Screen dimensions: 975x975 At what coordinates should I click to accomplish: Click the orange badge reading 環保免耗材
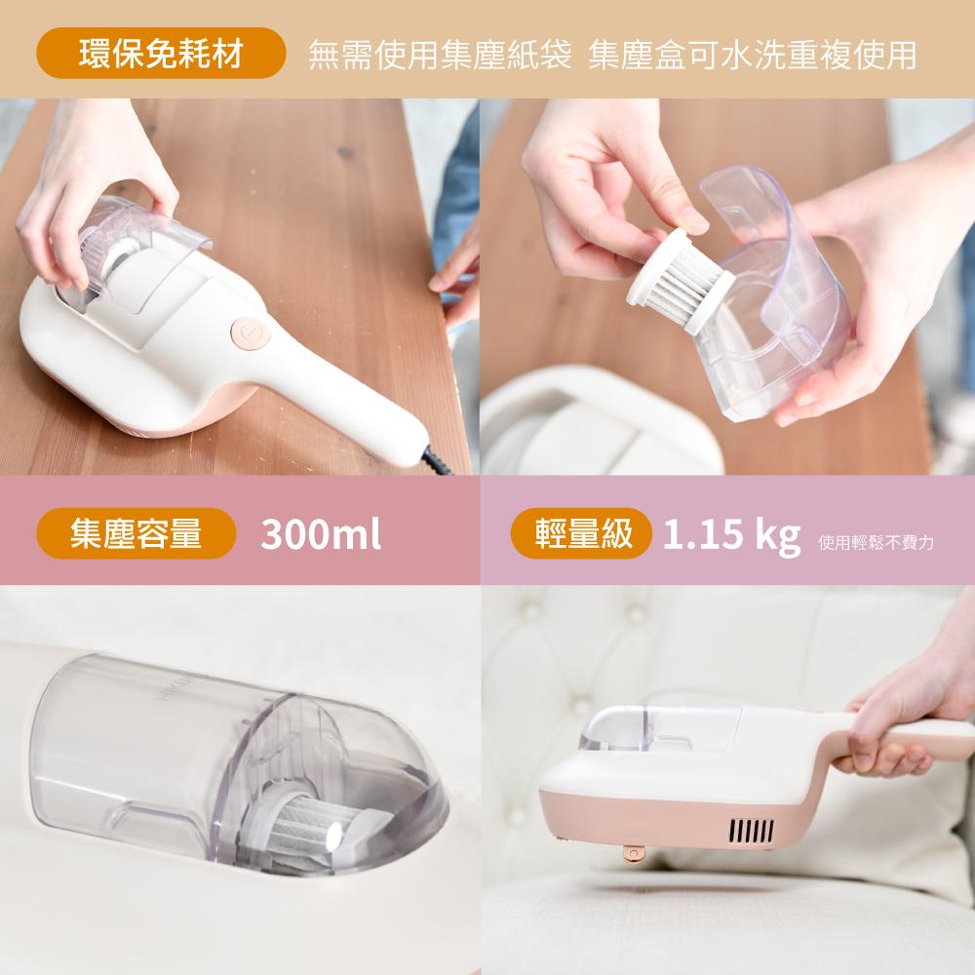click(x=161, y=55)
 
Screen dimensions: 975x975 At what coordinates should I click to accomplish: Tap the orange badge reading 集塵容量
click(x=136, y=533)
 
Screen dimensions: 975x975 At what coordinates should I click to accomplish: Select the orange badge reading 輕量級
click(x=582, y=533)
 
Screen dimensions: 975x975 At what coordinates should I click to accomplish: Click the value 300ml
click(x=321, y=534)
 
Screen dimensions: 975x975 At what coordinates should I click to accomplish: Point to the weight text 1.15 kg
click(x=731, y=534)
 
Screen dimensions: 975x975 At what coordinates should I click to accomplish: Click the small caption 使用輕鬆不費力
click(x=877, y=541)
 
